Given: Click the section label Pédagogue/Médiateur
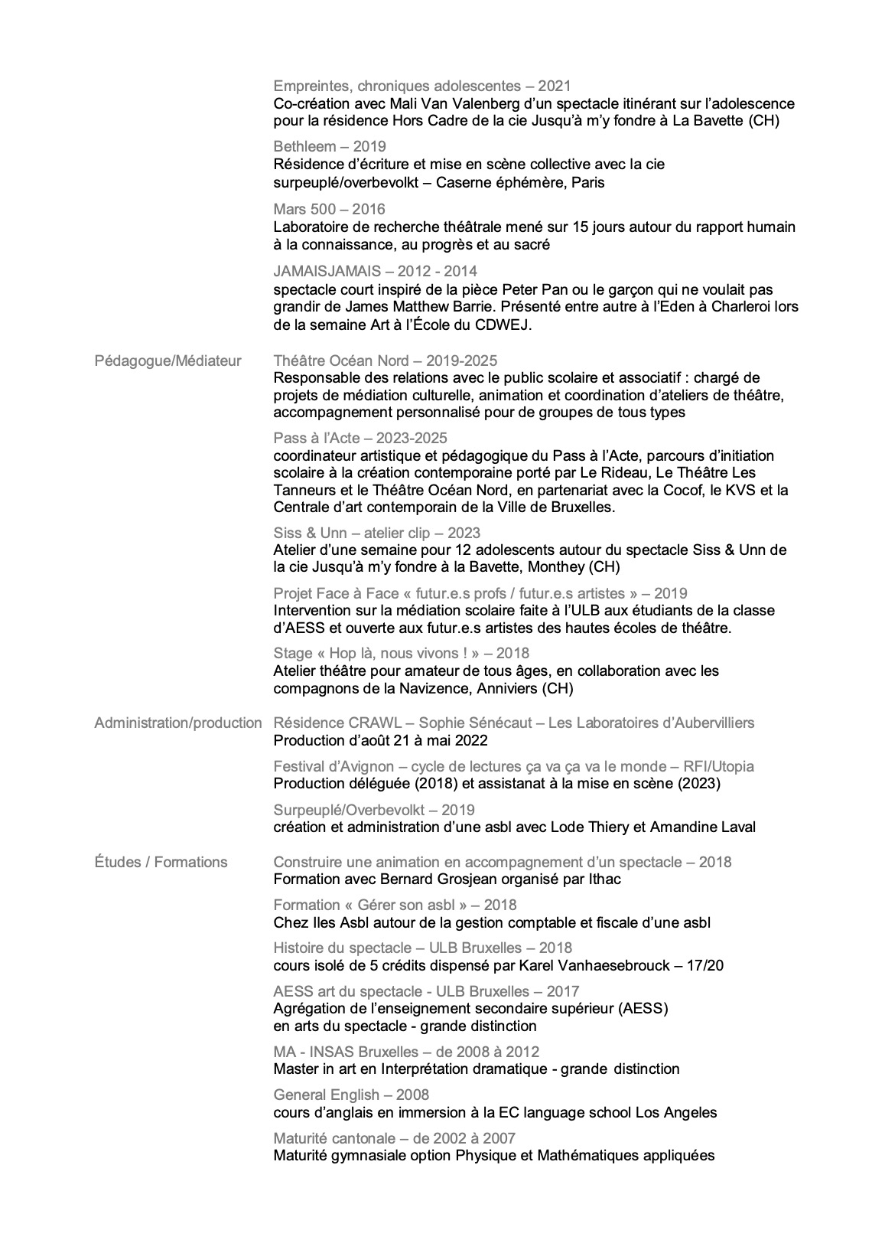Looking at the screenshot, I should tap(168, 361).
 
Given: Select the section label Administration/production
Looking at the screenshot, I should tap(177, 723).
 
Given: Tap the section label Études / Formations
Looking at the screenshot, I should tap(161, 862).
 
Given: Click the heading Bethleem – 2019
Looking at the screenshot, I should tap(330, 146).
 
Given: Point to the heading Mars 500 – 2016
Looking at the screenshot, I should tap(329, 209).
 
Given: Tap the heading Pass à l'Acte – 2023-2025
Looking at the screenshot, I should tap(360, 438).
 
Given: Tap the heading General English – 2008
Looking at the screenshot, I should tap(351, 1095).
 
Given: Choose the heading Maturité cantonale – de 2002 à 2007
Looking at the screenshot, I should tap(394, 1138).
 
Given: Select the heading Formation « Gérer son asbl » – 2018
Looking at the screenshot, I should tap(395, 905).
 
